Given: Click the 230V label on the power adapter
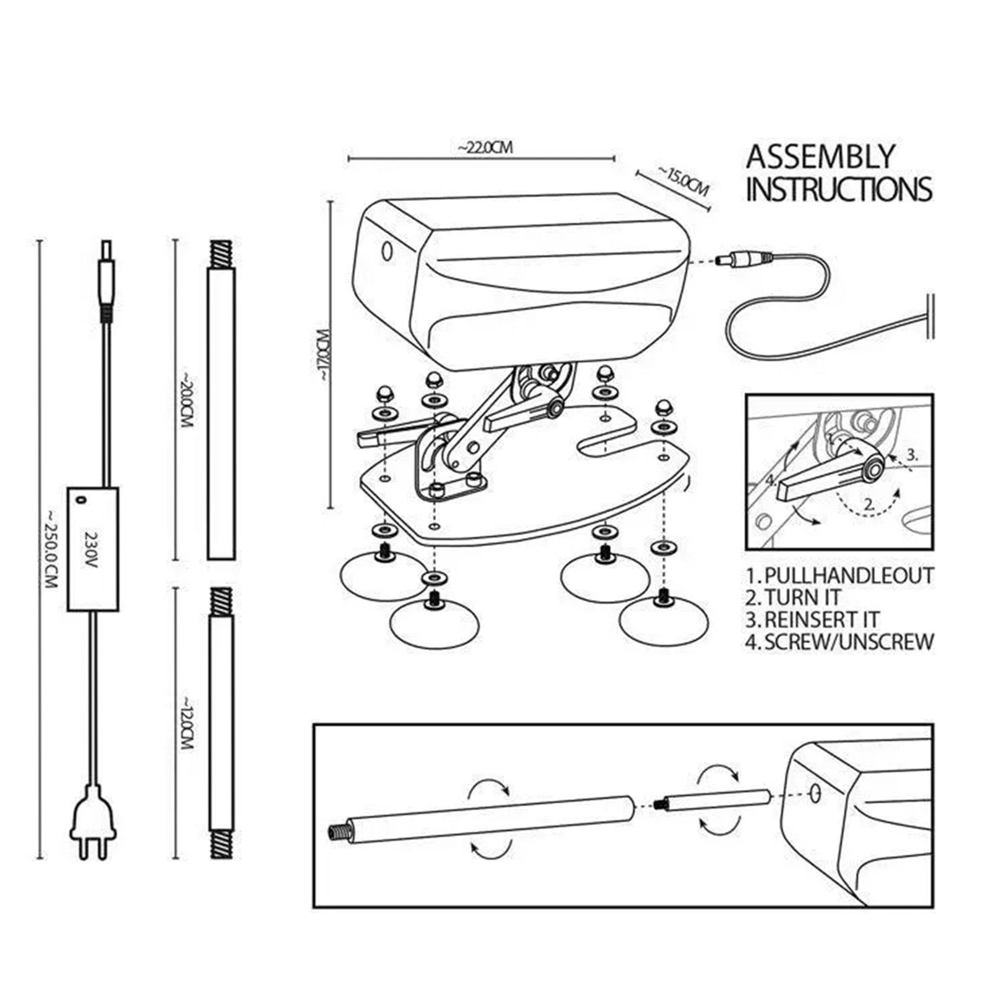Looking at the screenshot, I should point(91,548).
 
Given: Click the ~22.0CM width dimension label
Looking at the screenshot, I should point(485,148).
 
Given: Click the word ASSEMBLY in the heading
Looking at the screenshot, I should point(820,157).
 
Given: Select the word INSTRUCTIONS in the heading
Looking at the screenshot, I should point(839,189).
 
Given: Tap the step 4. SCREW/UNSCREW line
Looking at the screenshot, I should point(839,642).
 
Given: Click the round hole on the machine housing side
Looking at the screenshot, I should point(388,251).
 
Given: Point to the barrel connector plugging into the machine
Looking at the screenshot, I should point(742,260).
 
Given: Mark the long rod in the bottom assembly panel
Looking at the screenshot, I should point(488,820).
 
